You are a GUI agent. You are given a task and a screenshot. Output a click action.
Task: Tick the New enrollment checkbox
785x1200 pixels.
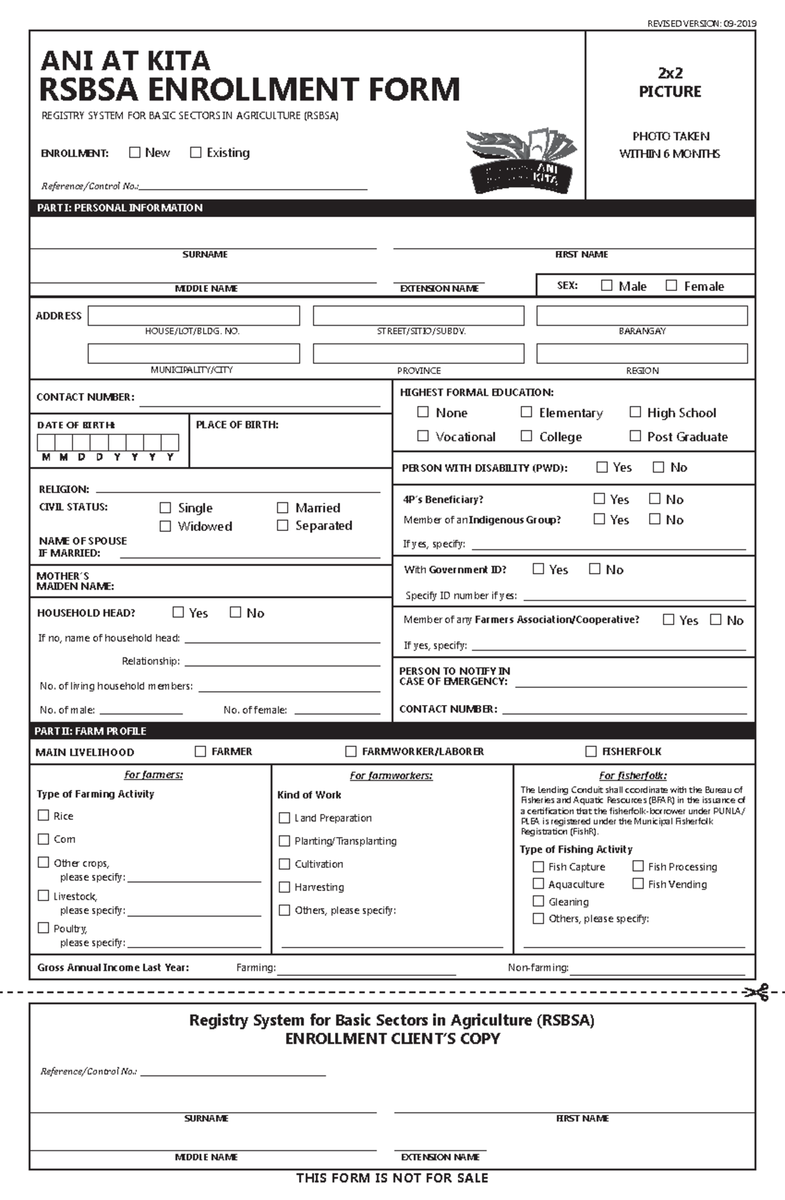(135, 152)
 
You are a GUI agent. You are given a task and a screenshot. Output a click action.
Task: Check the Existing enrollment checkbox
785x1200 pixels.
(196, 152)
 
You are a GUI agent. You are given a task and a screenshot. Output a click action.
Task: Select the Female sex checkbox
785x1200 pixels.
(671, 286)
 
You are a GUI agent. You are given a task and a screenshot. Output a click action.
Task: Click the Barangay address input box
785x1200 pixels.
(642, 316)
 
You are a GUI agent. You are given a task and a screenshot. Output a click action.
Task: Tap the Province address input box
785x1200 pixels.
(419, 354)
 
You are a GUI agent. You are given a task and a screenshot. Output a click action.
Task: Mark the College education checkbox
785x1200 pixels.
(526, 436)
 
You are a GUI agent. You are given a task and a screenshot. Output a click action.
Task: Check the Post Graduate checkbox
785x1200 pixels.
(635, 436)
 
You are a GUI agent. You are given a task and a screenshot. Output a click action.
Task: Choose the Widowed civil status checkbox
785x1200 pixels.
(166, 526)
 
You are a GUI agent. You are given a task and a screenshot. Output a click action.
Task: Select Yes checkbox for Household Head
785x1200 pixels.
(178, 613)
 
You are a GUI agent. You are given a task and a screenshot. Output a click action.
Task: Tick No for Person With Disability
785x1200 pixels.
(658, 467)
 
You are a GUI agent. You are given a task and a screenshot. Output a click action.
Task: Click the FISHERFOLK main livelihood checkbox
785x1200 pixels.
(591, 751)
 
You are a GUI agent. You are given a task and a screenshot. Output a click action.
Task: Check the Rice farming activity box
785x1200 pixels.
(44, 815)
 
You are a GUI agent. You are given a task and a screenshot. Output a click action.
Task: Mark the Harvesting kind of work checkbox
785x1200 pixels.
(285, 887)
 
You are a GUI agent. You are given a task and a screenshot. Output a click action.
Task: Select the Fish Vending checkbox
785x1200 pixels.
(638, 884)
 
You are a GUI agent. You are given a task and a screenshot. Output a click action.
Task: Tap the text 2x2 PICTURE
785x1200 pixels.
(670, 82)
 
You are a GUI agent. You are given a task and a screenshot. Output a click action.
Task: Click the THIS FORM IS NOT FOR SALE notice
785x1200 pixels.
(392, 1178)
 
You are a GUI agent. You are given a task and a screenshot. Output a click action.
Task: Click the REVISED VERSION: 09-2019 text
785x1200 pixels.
(701, 24)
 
